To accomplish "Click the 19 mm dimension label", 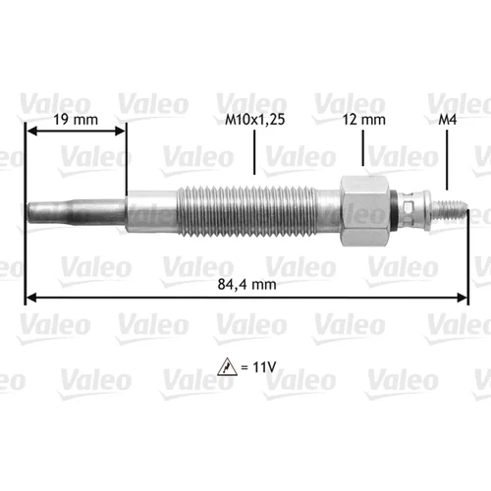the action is (76, 120).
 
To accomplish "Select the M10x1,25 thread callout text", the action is (255, 120).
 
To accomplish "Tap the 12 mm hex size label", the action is (364, 120).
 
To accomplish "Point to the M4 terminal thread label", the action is (448, 120).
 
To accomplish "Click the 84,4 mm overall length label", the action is (246, 285).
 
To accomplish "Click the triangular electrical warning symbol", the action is (227, 367).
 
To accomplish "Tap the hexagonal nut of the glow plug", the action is (365, 210).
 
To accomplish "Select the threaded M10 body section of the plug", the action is (247, 210).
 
